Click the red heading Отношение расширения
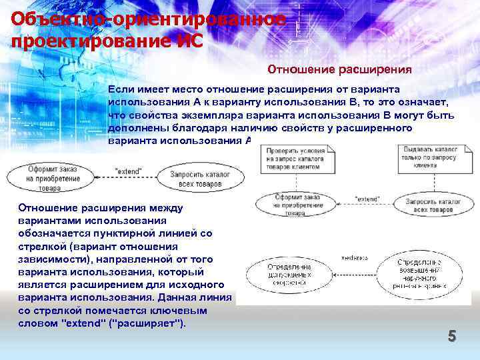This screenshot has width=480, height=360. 339,69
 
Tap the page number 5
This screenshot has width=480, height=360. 451,337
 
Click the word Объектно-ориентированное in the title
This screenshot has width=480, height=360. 149,19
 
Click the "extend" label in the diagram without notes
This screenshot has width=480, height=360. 128,171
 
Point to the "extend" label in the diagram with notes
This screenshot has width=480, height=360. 367,199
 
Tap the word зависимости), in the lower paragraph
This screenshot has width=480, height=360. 52,259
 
